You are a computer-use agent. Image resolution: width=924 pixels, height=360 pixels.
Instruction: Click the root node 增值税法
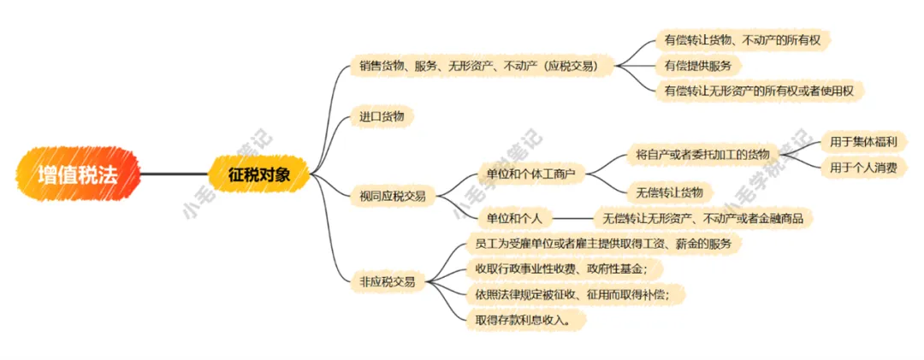(x=77, y=174)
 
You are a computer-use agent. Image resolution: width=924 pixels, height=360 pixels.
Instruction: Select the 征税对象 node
(x=259, y=174)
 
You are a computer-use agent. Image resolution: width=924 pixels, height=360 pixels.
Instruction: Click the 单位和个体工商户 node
(x=530, y=174)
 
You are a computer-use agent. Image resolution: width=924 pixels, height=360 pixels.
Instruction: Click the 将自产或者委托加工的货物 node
(x=702, y=154)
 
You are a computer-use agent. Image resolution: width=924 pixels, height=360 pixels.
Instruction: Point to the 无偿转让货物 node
(x=670, y=191)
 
